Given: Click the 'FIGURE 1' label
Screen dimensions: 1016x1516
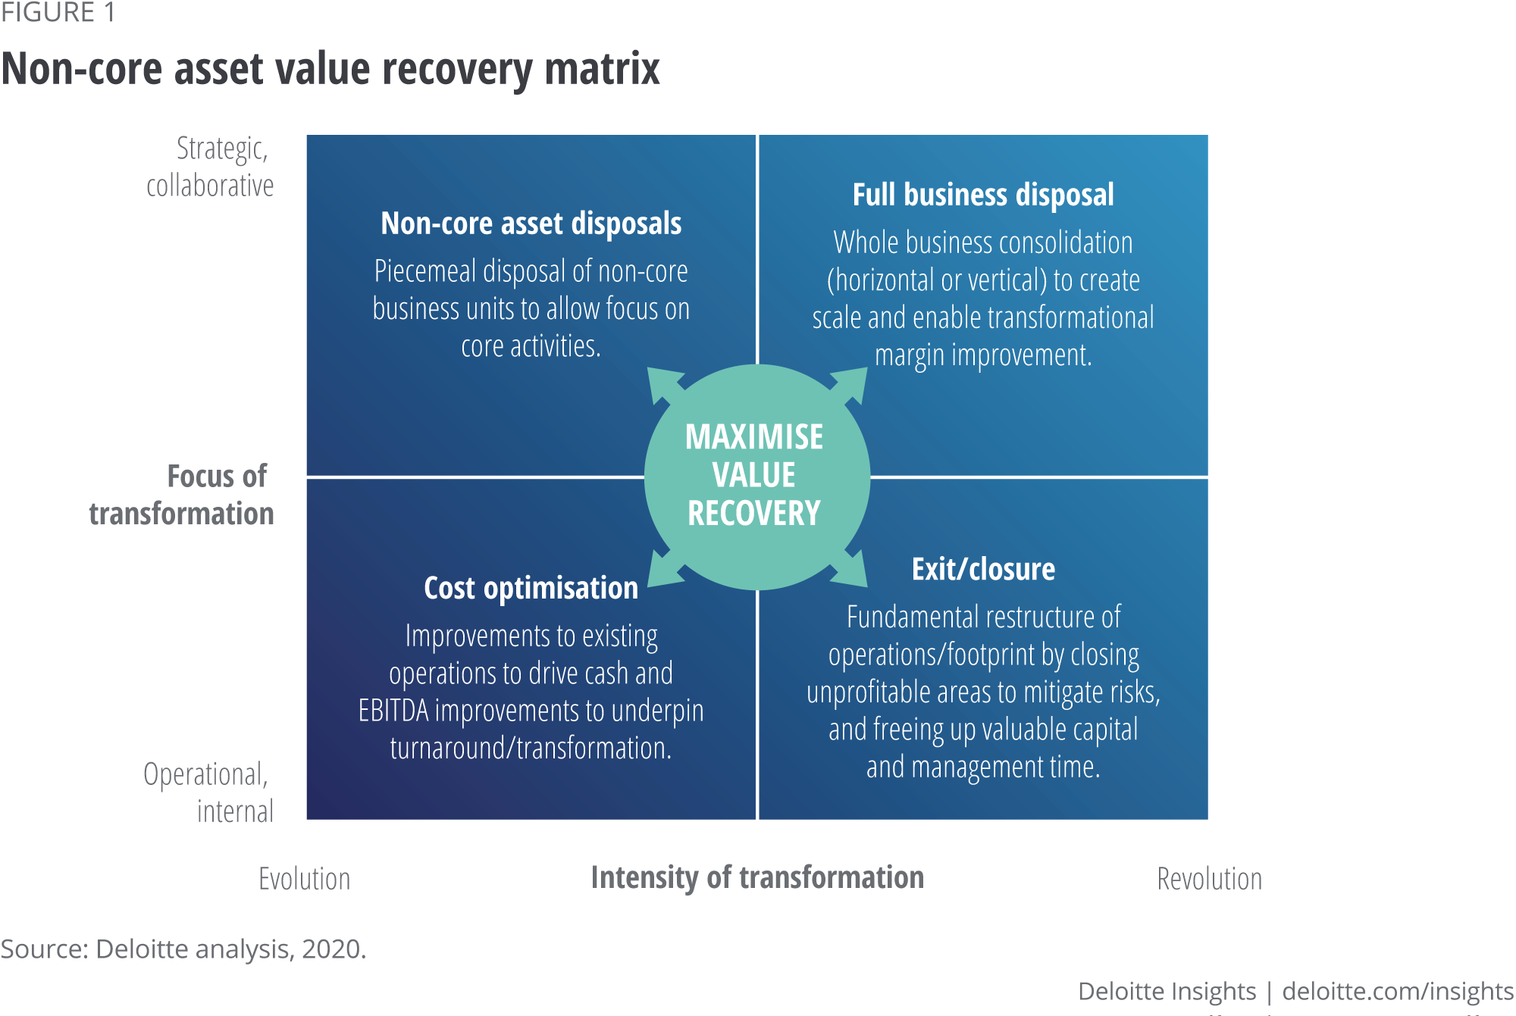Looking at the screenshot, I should pos(58,13).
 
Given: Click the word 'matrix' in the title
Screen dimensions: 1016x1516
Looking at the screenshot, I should pos(603,69).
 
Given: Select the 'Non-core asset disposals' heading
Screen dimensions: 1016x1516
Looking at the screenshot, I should pos(531,224).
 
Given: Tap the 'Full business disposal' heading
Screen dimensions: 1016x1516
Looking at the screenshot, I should pos(983,195).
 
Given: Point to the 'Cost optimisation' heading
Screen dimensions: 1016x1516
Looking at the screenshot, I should pos(531,588).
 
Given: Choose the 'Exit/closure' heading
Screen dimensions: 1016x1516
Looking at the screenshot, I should pos(983,569).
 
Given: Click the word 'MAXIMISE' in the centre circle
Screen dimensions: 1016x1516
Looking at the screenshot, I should pos(754,437).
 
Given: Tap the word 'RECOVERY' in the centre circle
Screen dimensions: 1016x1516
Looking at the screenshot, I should pos(754,514).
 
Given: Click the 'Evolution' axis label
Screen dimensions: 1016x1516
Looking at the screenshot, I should pos(304,879).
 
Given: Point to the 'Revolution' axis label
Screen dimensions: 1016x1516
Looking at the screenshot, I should pos(1209,879).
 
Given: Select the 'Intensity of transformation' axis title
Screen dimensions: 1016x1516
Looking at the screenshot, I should pos(757,877).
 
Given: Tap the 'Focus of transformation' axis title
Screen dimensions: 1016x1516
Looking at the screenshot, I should pos(182,495).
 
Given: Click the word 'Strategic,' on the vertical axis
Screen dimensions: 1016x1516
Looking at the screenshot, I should pos(222,148).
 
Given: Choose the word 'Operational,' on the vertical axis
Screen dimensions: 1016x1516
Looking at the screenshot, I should pos(205,774).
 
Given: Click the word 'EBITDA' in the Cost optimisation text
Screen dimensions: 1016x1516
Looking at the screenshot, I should pos(393,711).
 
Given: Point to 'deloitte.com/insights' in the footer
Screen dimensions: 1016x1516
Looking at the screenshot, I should pos(1398,991).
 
